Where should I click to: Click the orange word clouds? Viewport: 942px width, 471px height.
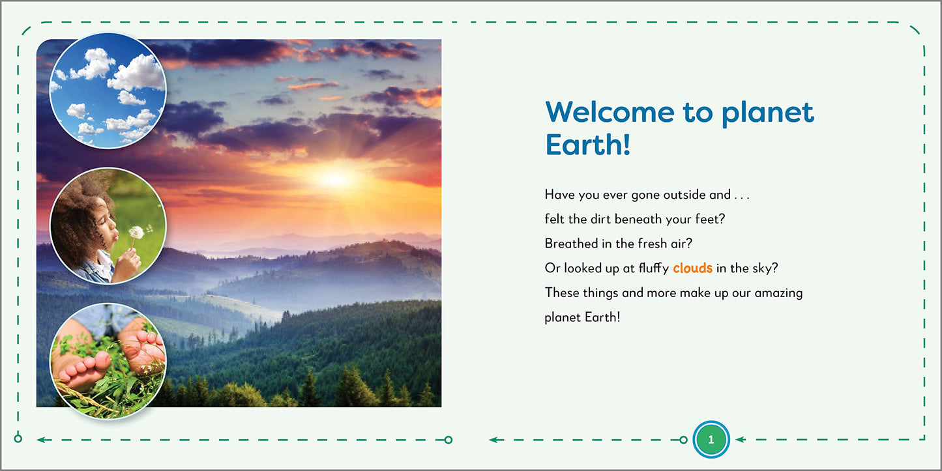tap(692, 268)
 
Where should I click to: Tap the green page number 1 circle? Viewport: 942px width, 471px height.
tap(711, 440)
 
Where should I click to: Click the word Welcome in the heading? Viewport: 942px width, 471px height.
tap(610, 112)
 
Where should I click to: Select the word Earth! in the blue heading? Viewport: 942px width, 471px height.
tap(588, 145)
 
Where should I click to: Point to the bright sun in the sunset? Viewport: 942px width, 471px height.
tap(335, 178)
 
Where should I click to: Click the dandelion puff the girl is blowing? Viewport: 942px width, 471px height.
tap(136, 233)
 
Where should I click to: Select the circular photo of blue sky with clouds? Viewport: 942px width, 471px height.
tap(108, 91)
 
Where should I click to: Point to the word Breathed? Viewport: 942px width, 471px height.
tap(572, 244)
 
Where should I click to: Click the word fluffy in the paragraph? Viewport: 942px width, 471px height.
tap(653, 268)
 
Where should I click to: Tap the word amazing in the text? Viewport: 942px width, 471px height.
tap(778, 293)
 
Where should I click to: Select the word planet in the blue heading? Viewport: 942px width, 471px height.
tap(768, 113)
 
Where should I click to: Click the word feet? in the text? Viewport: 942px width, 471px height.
tap(711, 219)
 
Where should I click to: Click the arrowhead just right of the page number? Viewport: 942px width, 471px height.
tap(741, 440)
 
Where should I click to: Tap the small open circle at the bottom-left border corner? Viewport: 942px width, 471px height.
tap(18, 438)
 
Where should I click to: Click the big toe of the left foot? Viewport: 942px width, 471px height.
tap(101, 360)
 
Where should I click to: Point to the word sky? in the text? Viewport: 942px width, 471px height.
tap(765, 268)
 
